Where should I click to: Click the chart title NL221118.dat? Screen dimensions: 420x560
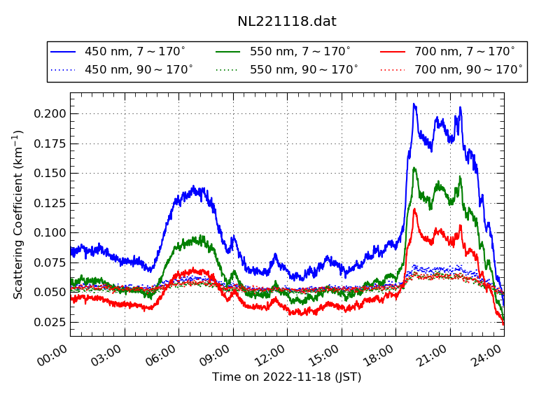point(287,21)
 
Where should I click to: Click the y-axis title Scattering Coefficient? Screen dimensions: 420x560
point(19,214)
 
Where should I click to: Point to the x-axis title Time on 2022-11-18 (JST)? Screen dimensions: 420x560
point(287,377)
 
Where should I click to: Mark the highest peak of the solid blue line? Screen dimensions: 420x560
point(414,104)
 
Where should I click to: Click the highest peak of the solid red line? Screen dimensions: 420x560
point(414,209)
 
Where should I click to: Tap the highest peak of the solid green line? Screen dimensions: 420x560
point(414,168)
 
